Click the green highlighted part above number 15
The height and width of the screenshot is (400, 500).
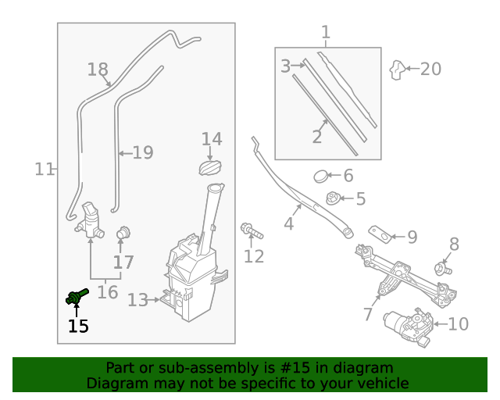(x=77, y=296)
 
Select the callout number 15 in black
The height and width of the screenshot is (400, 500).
(x=78, y=326)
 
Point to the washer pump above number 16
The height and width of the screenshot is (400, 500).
(x=91, y=220)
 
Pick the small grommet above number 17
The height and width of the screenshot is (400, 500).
(x=123, y=233)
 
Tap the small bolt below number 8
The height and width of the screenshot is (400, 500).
(x=444, y=270)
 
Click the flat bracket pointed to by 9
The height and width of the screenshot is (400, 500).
(x=380, y=234)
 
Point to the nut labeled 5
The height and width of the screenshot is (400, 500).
(x=334, y=198)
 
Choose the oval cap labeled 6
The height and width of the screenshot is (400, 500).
(x=321, y=177)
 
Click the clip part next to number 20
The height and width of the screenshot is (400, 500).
(x=398, y=70)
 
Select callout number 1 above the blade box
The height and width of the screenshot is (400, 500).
(x=326, y=33)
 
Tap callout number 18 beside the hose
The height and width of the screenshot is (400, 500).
(x=98, y=70)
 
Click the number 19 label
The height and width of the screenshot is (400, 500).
(x=142, y=152)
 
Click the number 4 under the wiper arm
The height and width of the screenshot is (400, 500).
(x=288, y=224)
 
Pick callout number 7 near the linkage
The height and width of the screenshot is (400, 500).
(x=368, y=314)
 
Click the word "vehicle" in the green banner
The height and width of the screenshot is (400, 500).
(x=382, y=384)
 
